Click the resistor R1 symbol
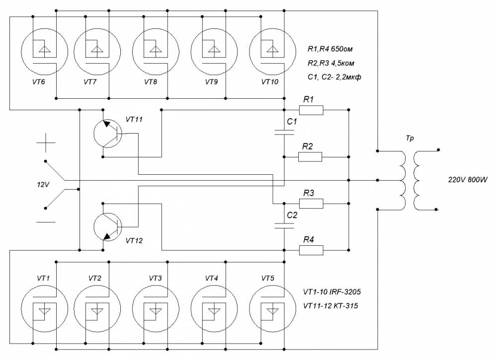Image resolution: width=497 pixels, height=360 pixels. click(311, 110)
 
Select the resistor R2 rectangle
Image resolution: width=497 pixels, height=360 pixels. click(310, 157)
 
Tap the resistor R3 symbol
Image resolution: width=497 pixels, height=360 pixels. click(311, 204)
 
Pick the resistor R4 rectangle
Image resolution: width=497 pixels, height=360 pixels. click(311, 250)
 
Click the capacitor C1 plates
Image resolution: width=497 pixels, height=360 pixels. click(284, 133)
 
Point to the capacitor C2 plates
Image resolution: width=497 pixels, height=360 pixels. click(284, 225)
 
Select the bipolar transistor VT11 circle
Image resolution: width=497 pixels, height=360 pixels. click(108, 133)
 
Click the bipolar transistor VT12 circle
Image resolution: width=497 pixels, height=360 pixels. click(108, 227)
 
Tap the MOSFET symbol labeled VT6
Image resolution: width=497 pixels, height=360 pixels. click(45, 52)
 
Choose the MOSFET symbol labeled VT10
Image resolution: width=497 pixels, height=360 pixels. click(273, 52)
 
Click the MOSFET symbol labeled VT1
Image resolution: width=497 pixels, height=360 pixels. click(45, 309)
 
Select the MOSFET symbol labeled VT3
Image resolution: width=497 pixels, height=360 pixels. click(156, 309)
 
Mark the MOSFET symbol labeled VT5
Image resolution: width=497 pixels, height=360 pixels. click(273, 309)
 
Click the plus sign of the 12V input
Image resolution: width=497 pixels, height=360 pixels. click(46, 143)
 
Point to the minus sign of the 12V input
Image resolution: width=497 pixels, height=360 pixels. click(46, 222)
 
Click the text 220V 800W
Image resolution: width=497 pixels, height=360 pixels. click(468, 180)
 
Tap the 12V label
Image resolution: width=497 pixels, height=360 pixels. click(43, 185)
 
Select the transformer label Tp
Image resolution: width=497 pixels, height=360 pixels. click(410, 139)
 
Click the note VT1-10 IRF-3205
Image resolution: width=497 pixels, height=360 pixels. click(332, 291)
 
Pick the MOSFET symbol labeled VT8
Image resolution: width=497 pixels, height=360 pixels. click(156, 52)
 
